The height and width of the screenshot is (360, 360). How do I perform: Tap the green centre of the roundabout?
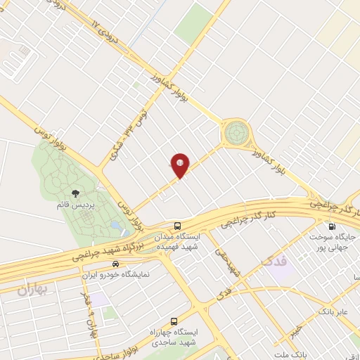pos(235,131)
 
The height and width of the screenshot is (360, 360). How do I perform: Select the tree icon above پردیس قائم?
pos(73,192)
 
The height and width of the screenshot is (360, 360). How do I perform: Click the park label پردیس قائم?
pos(73,204)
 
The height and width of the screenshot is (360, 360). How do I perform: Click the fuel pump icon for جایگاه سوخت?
pos(332,226)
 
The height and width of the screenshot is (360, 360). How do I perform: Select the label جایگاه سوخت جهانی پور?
pos(333,242)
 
